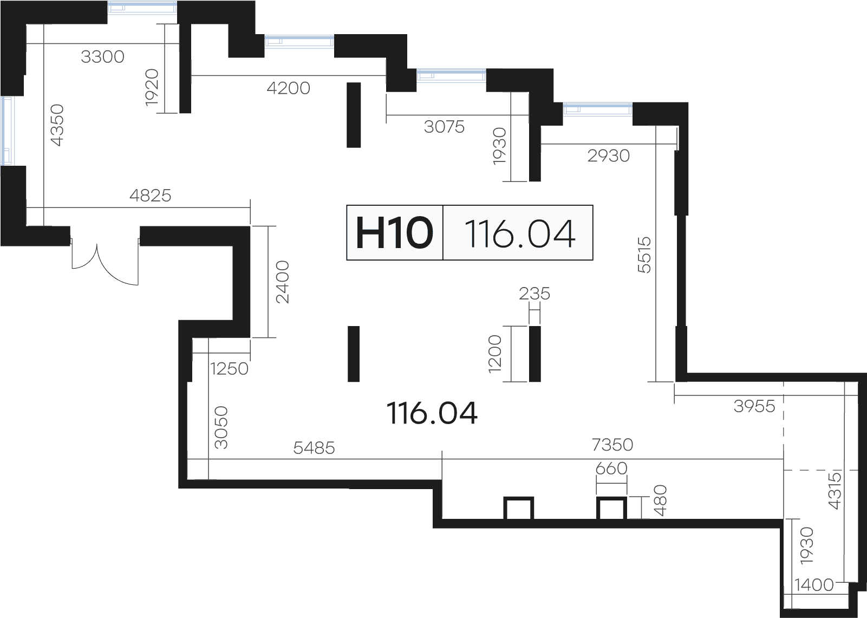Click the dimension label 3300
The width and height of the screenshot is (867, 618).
[x=102, y=57]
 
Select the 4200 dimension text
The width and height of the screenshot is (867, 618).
[x=288, y=88]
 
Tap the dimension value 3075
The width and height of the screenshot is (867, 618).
[x=444, y=127]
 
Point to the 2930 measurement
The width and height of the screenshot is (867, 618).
[x=609, y=156]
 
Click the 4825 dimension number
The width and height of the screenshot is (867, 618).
[x=150, y=196]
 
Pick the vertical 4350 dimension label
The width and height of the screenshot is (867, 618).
[x=57, y=125]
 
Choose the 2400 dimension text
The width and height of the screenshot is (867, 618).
[x=282, y=282]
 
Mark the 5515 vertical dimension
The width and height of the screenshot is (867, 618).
[x=644, y=255]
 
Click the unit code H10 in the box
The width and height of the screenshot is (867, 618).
[x=394, y=233]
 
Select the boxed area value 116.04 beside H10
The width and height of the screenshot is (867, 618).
[x=520, y=233]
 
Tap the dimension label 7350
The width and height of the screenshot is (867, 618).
[x=612, y=445]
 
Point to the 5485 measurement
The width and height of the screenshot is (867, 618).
[x=314, y=448]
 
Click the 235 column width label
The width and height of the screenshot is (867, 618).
[x=534, y=294]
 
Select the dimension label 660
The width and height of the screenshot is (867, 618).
[x=611, y=469]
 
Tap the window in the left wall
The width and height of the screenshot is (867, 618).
[x=6, y=131]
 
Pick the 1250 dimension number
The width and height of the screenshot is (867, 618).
[x=229, y=369]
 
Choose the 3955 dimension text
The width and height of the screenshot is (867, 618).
[x=754, y=407]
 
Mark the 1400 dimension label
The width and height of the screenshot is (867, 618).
[x=814, y=585]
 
